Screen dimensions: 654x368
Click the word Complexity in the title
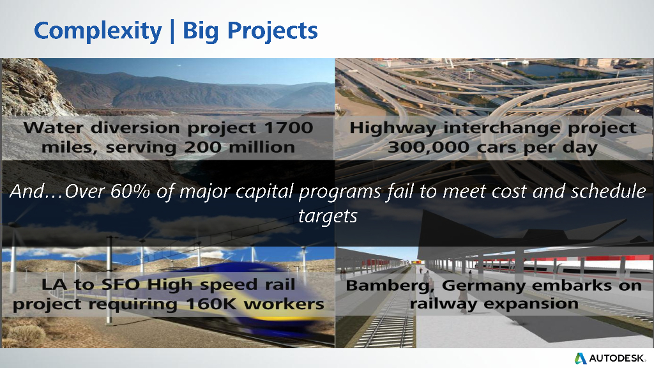pos(98,31)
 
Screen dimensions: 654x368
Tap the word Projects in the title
pos(272,31)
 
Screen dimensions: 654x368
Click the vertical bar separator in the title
pos(172,31)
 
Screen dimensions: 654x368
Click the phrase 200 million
pos(240,148)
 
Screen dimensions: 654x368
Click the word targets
pos(328,216)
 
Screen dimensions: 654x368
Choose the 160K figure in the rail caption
pos(212,304)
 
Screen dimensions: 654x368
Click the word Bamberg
pos(390,286)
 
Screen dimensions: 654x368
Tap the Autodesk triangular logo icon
pos(581,358)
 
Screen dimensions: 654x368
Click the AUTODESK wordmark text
pos(618,358)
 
